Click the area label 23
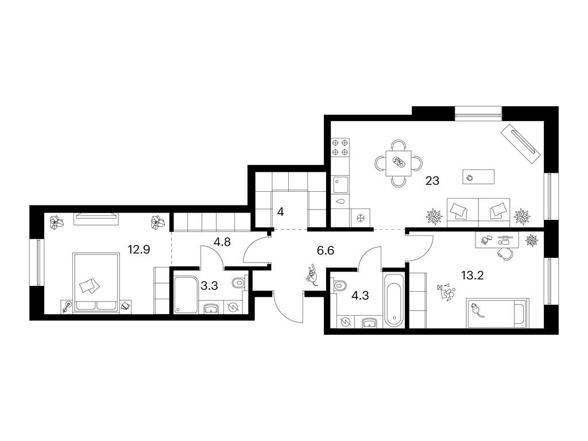point(432,181)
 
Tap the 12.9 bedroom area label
point(139,249)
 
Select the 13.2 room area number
point(472,276)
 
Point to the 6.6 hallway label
point(325,250)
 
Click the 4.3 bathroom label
point(360,296)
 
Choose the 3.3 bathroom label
point(209,286)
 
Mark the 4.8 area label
point(222,242)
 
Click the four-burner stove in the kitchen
point(340,148)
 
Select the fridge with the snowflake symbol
point(360,218)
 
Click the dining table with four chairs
point(399,163)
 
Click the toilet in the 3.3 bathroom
point(238,282)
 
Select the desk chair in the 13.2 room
point(504,253)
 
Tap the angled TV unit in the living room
point(520,143)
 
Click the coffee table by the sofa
point(478,177)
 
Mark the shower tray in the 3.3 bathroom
point(187,295)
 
